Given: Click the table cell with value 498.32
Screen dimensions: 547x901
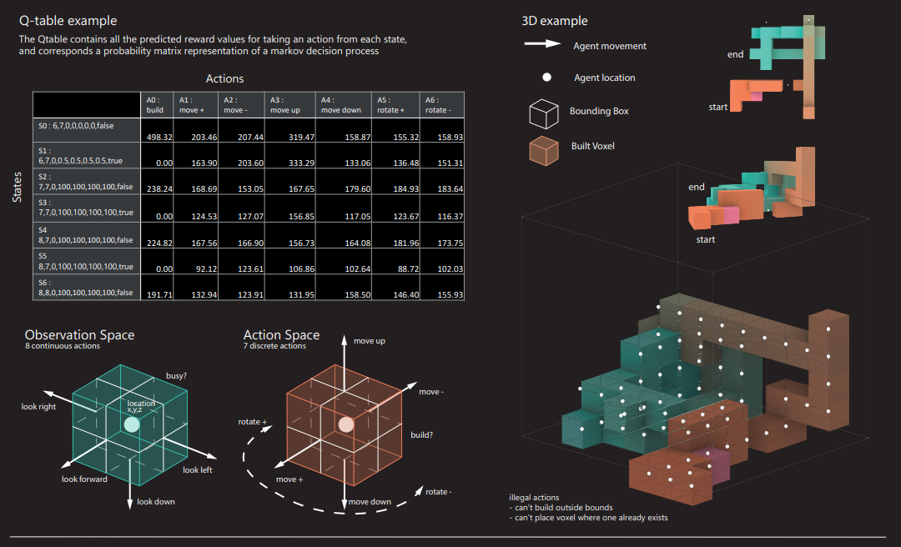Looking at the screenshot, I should pos(159,136).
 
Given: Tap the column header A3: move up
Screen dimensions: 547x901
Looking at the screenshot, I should pos(290,104).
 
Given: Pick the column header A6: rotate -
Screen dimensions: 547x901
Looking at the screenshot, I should pos(441,104).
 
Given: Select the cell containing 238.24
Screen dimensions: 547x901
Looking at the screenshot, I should pos(159,189).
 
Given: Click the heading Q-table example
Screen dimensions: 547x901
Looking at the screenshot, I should pos(68,20).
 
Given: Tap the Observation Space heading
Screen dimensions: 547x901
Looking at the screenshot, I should pos(79,335).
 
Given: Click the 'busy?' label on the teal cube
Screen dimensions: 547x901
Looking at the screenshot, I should pos(176,376).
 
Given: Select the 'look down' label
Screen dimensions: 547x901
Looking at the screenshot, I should pos(156,501).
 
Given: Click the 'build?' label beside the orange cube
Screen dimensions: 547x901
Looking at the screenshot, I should pos(422,435).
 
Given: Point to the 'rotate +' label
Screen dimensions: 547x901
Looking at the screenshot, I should pos(253,422).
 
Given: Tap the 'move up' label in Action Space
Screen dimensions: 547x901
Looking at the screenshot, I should pos(370,341).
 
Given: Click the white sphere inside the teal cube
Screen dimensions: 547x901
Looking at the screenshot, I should pos(131,424).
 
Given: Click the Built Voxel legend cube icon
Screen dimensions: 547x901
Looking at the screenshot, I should pos(543,149).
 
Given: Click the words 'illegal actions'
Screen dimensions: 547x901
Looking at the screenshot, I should pos(534,498).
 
